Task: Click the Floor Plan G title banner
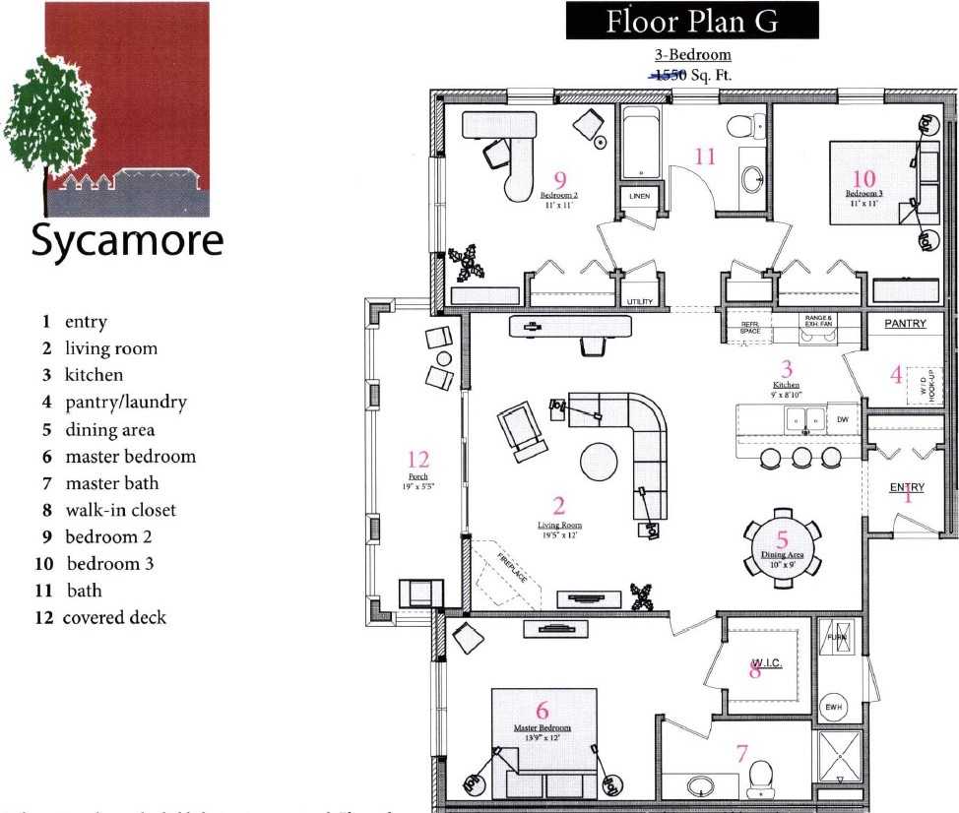tap(691, 21)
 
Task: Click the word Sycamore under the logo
tap(127, 241)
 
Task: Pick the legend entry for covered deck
tap(113, 617)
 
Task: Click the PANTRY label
tap(905, 324)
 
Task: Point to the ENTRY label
tap(907, 487)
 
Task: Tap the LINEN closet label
tap(639, 197)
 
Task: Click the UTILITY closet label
tap(639, 301)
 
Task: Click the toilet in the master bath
tap(759, 779)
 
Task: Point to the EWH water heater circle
tap(833, 707)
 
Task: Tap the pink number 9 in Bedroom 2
tap(559, 179)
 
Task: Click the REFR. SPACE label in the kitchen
tap(750, 328)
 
